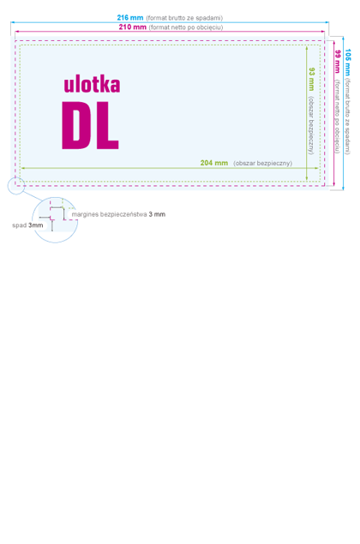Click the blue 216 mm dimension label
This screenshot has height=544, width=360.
[x=129, y=17]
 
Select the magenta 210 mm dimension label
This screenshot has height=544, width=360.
[x=132, y=27]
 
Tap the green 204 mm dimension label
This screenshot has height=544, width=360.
[x=213, y=163]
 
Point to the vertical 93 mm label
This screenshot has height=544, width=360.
[x=311, y=79]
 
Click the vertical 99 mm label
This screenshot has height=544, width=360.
[x=338, y=62]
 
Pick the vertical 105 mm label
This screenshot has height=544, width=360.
[x=347, y=62]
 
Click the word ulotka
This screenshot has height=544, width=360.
[x=92, y=84]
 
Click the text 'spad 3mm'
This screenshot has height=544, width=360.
[x=27, y=225]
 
